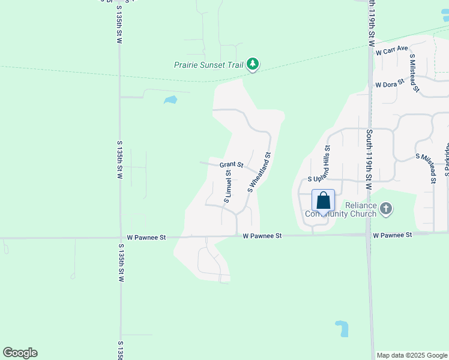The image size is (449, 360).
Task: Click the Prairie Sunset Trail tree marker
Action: [253, 64]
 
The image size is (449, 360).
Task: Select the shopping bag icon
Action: [323, 200]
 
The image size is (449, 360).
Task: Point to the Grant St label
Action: [231, 164]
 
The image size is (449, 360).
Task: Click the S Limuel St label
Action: [228, 185]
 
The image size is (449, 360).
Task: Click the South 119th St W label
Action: [370, 160]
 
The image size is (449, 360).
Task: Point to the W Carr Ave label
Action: [392, 50]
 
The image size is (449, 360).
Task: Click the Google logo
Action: [20, 353]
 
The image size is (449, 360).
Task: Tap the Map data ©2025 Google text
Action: [412, 355]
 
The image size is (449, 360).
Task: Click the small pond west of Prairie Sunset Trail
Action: [170, 100]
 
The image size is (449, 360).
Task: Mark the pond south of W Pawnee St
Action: [342, 328]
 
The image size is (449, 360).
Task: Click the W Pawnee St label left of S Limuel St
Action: [142, 238]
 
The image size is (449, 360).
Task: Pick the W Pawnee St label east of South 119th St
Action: [393, 235]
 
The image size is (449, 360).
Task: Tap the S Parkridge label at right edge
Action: [447, 160]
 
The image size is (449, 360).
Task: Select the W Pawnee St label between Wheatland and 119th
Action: [262, 236]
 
